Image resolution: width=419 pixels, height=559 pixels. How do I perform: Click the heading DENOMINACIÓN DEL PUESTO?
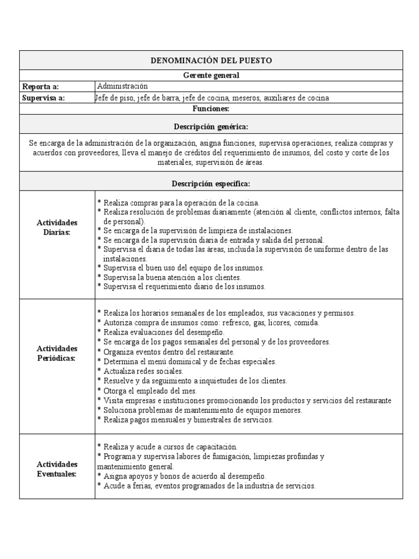(211, 61)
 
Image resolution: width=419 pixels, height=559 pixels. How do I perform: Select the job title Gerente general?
(211, 75)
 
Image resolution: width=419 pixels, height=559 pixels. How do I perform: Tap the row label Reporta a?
(40, 87)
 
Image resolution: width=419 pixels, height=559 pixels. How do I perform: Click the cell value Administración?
(122, 86)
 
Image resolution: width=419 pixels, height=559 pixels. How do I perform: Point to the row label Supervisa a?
(43, 98)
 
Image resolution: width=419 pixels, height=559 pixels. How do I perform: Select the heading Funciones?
(211, 109)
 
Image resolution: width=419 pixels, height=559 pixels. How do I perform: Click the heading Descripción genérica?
(211, 127)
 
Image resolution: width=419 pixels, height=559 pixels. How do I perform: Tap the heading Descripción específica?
(211, 183)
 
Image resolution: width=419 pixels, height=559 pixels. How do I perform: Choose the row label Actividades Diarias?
(57, 228)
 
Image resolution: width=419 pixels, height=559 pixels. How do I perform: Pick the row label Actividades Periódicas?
(57, 353)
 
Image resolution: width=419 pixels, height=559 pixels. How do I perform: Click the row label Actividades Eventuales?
(57, 468)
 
